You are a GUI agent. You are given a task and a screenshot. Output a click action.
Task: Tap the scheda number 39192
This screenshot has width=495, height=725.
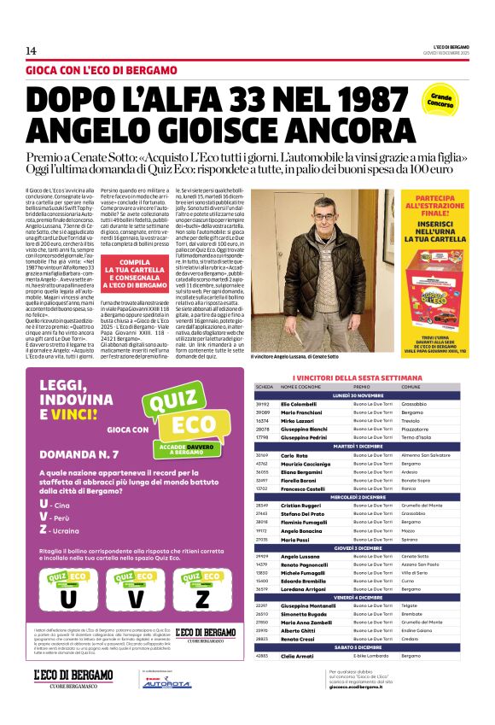264,403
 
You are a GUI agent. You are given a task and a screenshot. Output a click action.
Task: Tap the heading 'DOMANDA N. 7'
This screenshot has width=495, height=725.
79,455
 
